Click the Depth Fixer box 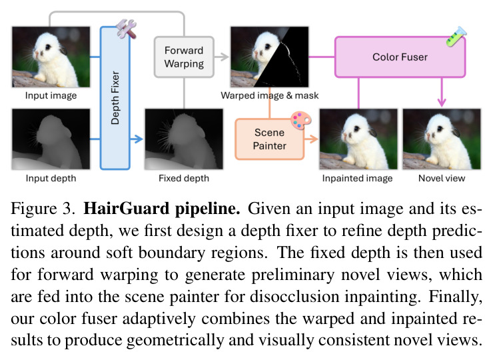click(115, 98)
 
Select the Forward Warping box click(185, 57)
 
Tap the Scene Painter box click(270, 139)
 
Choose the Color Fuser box click(400, 57)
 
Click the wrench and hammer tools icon click(127, 29)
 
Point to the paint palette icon click(301, 120)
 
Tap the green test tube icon click(456, 37)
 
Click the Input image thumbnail click(51, 57)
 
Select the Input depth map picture click(51, 139)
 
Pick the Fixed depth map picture click(184, 139)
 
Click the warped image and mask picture click(269, 57)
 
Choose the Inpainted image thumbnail click(358, 139)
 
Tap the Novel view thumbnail click(442, 139)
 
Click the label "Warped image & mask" click(269, 95)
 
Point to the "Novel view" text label click(442, 178)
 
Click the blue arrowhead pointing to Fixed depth click(137, 139)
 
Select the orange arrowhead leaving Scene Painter click(312, 139)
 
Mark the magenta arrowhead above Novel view click(442, 102)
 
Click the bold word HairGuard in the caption click(126, 209)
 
